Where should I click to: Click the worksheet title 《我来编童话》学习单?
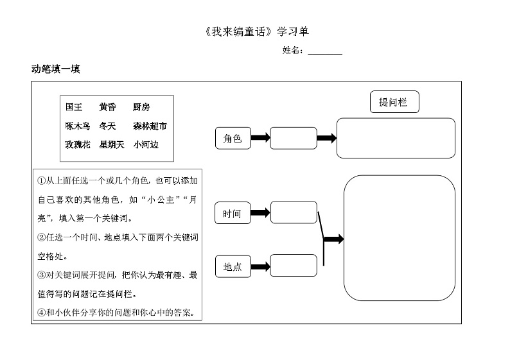[x=255, y=31]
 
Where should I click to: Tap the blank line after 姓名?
[x=324, y=51]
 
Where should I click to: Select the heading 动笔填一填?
[x=55, y=69]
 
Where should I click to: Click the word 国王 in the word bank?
[x=74, y=108]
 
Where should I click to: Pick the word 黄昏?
[x=108, y=108]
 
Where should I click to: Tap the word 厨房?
[x=141, y=108]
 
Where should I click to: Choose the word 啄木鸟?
[x=78, y=126]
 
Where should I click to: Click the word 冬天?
[x=108, y=126]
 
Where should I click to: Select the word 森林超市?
[x=150, y=126]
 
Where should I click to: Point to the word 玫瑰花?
[x=78, y=145]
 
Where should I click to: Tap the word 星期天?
[x=112, y=145]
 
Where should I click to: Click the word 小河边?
[x=146, y=145]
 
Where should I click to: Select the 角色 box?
[x=233, y=138]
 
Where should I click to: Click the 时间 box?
[x=233, y=214]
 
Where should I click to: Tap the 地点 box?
[x=233, y=266]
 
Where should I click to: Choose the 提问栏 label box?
[x=393, y=102]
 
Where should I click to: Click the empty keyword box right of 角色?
[x=294, y=138]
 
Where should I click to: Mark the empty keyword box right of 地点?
[x=294, y=266]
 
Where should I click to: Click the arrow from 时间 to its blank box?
[x=260, y=212]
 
